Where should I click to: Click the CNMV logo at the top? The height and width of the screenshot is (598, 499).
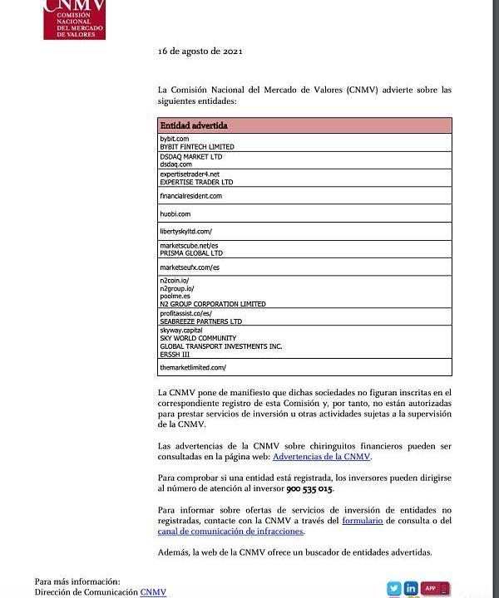point(74,19)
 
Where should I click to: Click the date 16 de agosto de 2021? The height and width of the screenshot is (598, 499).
point(200,51)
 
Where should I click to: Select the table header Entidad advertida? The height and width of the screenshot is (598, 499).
point(194,125)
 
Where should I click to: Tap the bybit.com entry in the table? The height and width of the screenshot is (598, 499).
point(175,138)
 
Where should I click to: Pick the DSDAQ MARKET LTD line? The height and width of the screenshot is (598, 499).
point(191,156)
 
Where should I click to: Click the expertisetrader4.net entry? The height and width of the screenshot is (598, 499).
point(190,174)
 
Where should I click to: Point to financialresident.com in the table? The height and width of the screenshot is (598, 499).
point(191,196)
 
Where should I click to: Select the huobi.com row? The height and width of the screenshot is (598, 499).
point(175,214)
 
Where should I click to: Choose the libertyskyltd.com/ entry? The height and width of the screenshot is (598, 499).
point(185,232)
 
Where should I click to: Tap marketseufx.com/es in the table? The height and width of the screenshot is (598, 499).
point(190,268)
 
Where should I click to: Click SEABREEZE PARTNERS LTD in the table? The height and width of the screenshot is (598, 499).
point(200,321)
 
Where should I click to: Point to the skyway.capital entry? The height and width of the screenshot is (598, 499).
point(181,330)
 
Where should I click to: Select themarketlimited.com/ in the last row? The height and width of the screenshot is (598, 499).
point(193,366)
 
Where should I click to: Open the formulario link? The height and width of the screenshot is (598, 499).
point(362,521)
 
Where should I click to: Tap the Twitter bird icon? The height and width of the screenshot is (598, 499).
point(393,588)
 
